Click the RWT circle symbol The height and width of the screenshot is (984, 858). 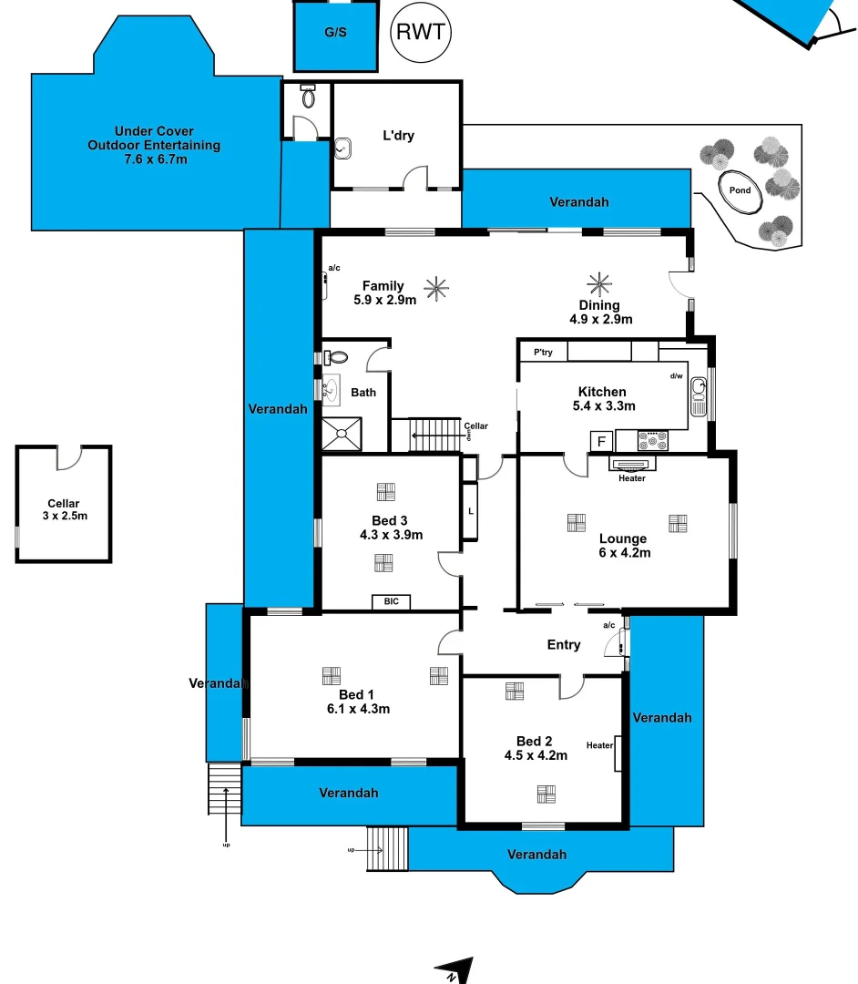tap(420, 33)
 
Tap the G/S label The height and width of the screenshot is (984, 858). tap(335, 33)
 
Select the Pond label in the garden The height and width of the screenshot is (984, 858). tap(740, 190)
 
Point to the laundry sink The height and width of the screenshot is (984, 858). tap(343, 148)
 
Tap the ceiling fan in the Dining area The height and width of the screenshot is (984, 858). tap(599, 282)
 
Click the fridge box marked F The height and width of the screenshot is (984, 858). tap(600, 442)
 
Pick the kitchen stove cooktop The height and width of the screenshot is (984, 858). tap(653, 441)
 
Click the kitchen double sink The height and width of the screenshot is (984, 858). tap(699, 396)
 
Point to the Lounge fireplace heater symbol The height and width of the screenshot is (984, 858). tap(631, 465)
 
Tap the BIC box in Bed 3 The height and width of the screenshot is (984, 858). tap(391, 601)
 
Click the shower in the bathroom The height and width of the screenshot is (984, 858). tap(342, 434)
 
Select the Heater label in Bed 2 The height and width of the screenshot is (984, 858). tap(599, 745)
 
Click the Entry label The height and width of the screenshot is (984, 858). tap(563, 645)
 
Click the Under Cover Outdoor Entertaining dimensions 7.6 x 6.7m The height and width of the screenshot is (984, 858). tap(155, 159)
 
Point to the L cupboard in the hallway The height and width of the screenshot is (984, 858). tap(470, 511)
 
